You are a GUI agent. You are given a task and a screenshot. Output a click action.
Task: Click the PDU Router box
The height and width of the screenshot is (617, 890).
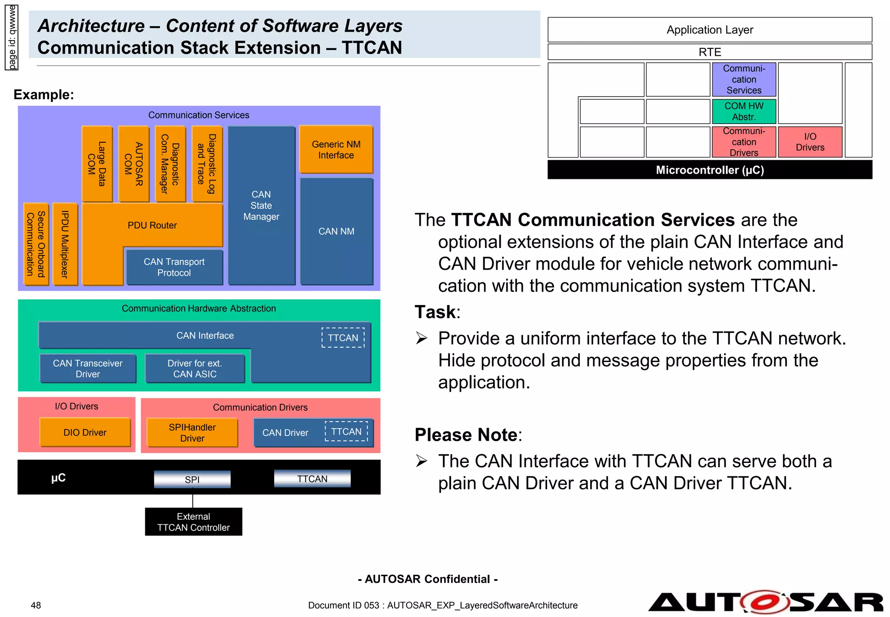coord(152,225)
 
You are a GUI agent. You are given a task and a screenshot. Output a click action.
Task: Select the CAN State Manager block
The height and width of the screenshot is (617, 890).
coord(261,205)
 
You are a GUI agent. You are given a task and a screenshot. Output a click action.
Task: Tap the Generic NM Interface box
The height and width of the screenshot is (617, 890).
coord(336,150)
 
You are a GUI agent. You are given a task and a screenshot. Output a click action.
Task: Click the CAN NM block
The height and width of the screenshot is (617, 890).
coord(336,231)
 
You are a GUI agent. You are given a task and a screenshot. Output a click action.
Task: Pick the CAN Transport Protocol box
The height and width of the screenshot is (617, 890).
coord(174,267)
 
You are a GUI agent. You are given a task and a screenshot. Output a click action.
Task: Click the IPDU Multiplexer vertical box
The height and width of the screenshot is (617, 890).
coord(65,244)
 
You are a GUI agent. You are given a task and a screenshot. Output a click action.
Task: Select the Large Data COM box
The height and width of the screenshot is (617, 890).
coord(97,164)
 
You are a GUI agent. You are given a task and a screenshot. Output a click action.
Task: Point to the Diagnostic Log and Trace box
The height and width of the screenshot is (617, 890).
coord(207,164)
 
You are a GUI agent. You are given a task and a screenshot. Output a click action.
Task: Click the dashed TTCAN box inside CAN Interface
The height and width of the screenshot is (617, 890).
coord(343,338)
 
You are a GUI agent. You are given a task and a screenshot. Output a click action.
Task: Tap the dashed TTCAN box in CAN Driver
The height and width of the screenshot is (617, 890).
coord(346,432)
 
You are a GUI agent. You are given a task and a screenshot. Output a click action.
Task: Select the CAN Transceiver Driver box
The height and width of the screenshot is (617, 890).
coord(88,369)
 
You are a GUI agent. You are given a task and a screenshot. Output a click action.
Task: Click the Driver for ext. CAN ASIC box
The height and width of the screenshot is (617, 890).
coord(195,369)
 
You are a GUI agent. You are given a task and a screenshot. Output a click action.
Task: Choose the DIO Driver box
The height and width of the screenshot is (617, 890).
coord(85,433)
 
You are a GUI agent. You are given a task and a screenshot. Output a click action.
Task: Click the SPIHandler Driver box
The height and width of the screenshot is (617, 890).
coord(192,433)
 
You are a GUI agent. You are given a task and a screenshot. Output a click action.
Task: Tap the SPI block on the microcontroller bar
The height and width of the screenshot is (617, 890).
coord(192,480)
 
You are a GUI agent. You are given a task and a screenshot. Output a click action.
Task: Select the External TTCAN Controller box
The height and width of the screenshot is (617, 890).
coord(193,522)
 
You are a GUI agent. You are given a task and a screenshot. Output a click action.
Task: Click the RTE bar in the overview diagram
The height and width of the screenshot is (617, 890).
coord(710,52)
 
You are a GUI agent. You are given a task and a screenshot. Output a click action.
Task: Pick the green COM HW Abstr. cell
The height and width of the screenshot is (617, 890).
coord(744,111)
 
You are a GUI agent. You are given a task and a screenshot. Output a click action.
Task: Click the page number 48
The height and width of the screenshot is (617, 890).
coord(36,605)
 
